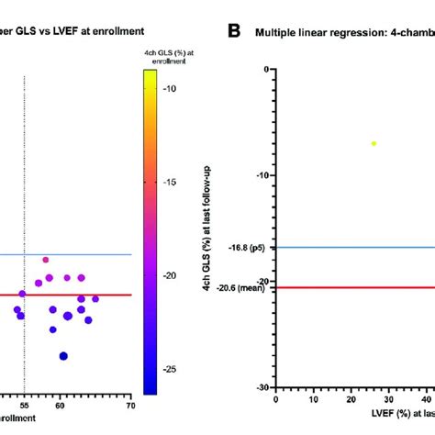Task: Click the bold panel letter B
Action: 234,30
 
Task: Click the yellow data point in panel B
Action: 374,143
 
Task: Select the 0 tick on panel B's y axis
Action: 265,70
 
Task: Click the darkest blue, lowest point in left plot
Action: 63,356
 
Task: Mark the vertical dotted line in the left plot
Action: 25,229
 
